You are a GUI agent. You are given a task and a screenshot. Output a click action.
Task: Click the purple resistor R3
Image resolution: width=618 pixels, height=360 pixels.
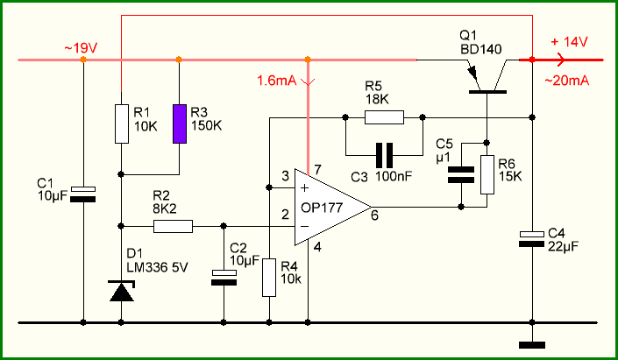click(x=180, y=124)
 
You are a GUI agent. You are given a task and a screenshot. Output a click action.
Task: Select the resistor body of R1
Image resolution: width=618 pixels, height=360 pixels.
click(x=122, y=124)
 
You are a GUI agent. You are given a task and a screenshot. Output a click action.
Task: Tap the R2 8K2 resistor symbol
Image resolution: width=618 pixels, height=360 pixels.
click(x=173, y=227)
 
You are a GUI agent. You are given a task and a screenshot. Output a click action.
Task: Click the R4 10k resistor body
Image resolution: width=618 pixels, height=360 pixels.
click(x=269, y=278)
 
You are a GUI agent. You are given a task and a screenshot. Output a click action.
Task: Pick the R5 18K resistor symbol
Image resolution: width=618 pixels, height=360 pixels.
click(x=384, y=117)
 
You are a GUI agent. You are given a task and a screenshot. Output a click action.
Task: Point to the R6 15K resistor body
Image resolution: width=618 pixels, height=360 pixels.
click(x=487, y=174)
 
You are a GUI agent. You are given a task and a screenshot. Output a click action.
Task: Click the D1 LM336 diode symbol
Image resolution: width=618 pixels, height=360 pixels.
click(x=122, y=291)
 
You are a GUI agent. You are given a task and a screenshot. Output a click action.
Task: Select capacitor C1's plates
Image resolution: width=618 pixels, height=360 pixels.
click(x=82, y=194)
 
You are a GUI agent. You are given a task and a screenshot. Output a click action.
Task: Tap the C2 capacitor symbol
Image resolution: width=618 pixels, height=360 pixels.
click(x=224, y=278)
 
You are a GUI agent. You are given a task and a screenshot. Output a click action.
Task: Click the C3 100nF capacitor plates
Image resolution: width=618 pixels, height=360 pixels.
click(x=384, y=156)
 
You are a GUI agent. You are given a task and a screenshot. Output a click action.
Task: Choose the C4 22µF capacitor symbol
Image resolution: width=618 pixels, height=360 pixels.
click(x=532, y=239)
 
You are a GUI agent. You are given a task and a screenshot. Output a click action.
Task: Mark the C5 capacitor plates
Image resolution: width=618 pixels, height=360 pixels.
click(x=461, y=174)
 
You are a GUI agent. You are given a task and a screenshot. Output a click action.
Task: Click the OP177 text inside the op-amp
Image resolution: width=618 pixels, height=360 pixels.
click(x=322, y=208)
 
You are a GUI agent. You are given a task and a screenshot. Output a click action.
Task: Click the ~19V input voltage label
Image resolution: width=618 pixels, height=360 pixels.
click(x=81, y=48)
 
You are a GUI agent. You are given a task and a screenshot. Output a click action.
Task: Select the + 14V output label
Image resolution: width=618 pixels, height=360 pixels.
click(x=569, y=42)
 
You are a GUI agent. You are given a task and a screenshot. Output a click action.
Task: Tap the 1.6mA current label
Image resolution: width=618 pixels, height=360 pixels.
click(x=277, y=81)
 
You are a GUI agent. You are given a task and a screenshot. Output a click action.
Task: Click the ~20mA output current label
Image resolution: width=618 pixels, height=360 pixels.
click(x=567, y=81)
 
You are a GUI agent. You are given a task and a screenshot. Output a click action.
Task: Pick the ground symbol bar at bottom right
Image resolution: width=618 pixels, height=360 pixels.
click(x=532, y=345)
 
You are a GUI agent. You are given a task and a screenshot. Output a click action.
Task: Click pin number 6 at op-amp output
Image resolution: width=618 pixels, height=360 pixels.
click(x=374, y=215)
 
